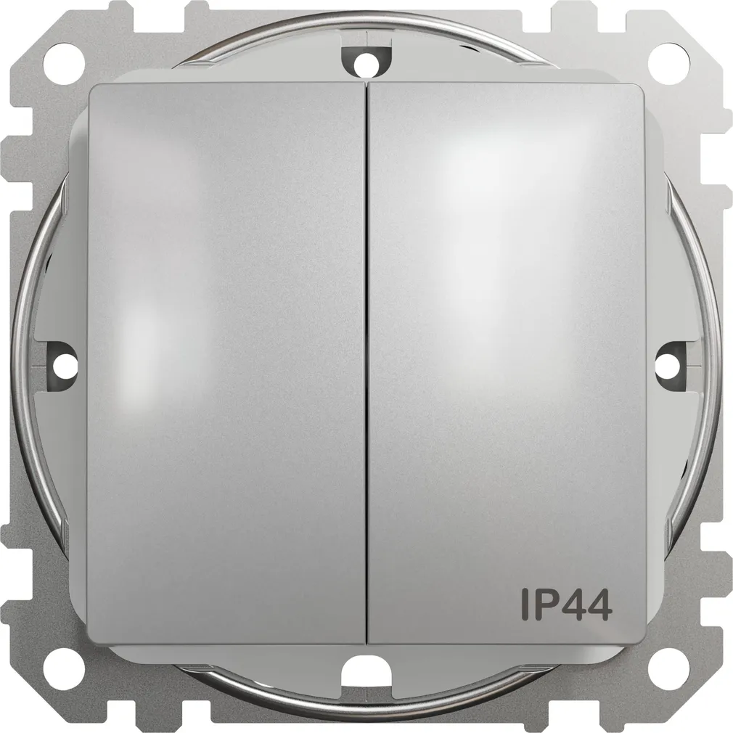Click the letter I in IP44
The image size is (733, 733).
pyautogui.click(x=525, y=605)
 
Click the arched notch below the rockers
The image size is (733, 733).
pyautogui.click(x=366, y=671)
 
